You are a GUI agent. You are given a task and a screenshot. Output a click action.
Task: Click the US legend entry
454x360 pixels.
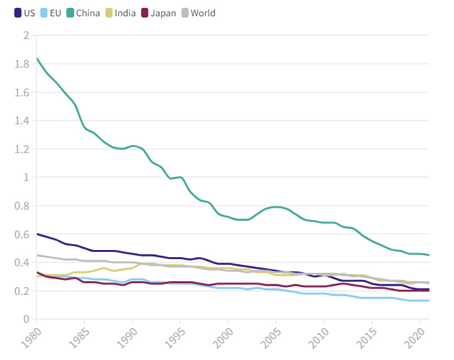point(25,13)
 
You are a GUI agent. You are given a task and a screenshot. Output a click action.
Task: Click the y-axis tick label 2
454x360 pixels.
point(26,35)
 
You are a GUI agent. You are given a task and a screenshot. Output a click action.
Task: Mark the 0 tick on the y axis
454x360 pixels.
point(26,319)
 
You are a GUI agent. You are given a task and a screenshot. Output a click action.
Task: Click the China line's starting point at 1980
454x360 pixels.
point(37,59)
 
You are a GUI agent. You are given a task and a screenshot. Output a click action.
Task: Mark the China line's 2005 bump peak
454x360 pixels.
point(277,207)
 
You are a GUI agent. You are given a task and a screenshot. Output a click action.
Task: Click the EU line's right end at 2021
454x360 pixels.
point(429,301)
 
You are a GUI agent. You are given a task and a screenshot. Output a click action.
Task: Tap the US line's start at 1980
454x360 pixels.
point(37,234)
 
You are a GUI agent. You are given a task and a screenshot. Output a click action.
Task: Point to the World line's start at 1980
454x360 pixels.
point(37,255)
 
